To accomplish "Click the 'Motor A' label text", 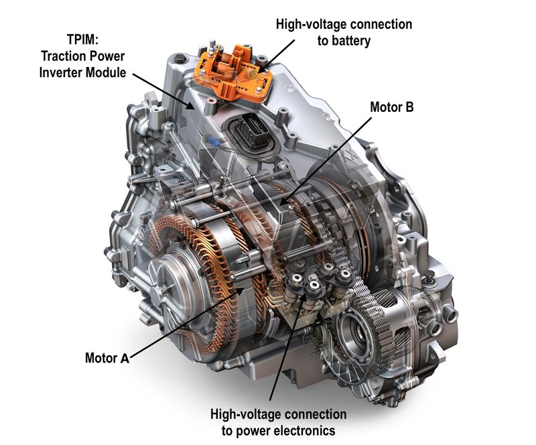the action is coord(107,358).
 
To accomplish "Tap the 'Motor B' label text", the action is coord(392,107).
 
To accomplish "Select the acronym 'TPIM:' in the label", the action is coord(82,40).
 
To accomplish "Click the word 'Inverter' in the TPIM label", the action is coord(60,72).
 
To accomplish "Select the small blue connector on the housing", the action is coord(212,139).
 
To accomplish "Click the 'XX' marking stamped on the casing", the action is coord(350,155).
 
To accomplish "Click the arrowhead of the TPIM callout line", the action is coord(191,107).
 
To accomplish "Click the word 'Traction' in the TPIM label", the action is coord(66,56).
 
